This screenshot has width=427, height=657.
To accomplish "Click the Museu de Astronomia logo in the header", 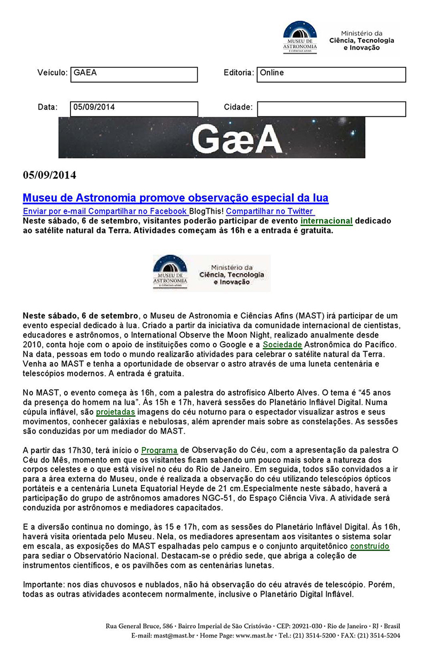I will (299, 37).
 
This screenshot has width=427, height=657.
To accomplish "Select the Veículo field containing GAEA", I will (133, 74).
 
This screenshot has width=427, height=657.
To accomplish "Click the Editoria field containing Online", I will (331, 74).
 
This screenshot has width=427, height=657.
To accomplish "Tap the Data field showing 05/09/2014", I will (133, 108).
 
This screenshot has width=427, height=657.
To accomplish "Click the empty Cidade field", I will (331, 109).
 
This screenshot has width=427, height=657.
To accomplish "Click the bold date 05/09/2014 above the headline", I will (50, 175).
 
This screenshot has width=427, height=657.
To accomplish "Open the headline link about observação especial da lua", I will (175, 198).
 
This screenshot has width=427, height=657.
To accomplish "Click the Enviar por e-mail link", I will (54, 212).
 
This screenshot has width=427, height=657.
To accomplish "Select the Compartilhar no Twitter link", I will (270, 212).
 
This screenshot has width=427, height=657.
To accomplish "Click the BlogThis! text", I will (207, 212).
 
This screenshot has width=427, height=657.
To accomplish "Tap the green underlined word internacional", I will (327, 221).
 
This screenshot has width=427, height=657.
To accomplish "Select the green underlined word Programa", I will (160, 450).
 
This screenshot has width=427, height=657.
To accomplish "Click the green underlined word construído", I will (369, 546).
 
